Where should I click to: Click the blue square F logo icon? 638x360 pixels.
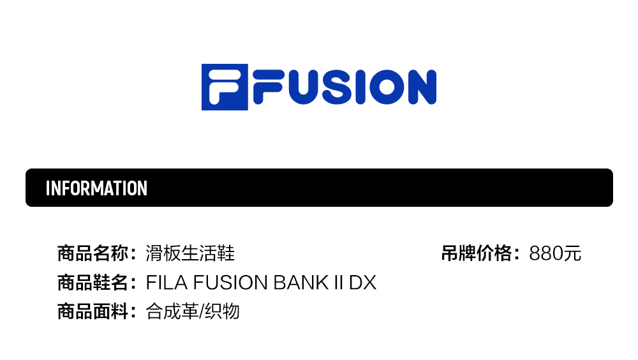(x=225, y=87)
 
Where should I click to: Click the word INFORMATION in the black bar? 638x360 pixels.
(x=96, y=188)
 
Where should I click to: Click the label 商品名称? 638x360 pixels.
(x=93, y=253)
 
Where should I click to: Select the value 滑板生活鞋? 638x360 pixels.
(x=190, y=253)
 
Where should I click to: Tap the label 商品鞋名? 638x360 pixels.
(x=93, y=282)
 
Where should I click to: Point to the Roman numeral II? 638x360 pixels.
(x=339, y=282)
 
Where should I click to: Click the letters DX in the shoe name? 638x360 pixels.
(x=362, y=282)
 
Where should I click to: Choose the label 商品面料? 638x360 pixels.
(x=93, y=311)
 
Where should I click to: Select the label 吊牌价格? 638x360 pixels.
(x=477, y=253)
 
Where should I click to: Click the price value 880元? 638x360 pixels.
(x=555, y=253)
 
